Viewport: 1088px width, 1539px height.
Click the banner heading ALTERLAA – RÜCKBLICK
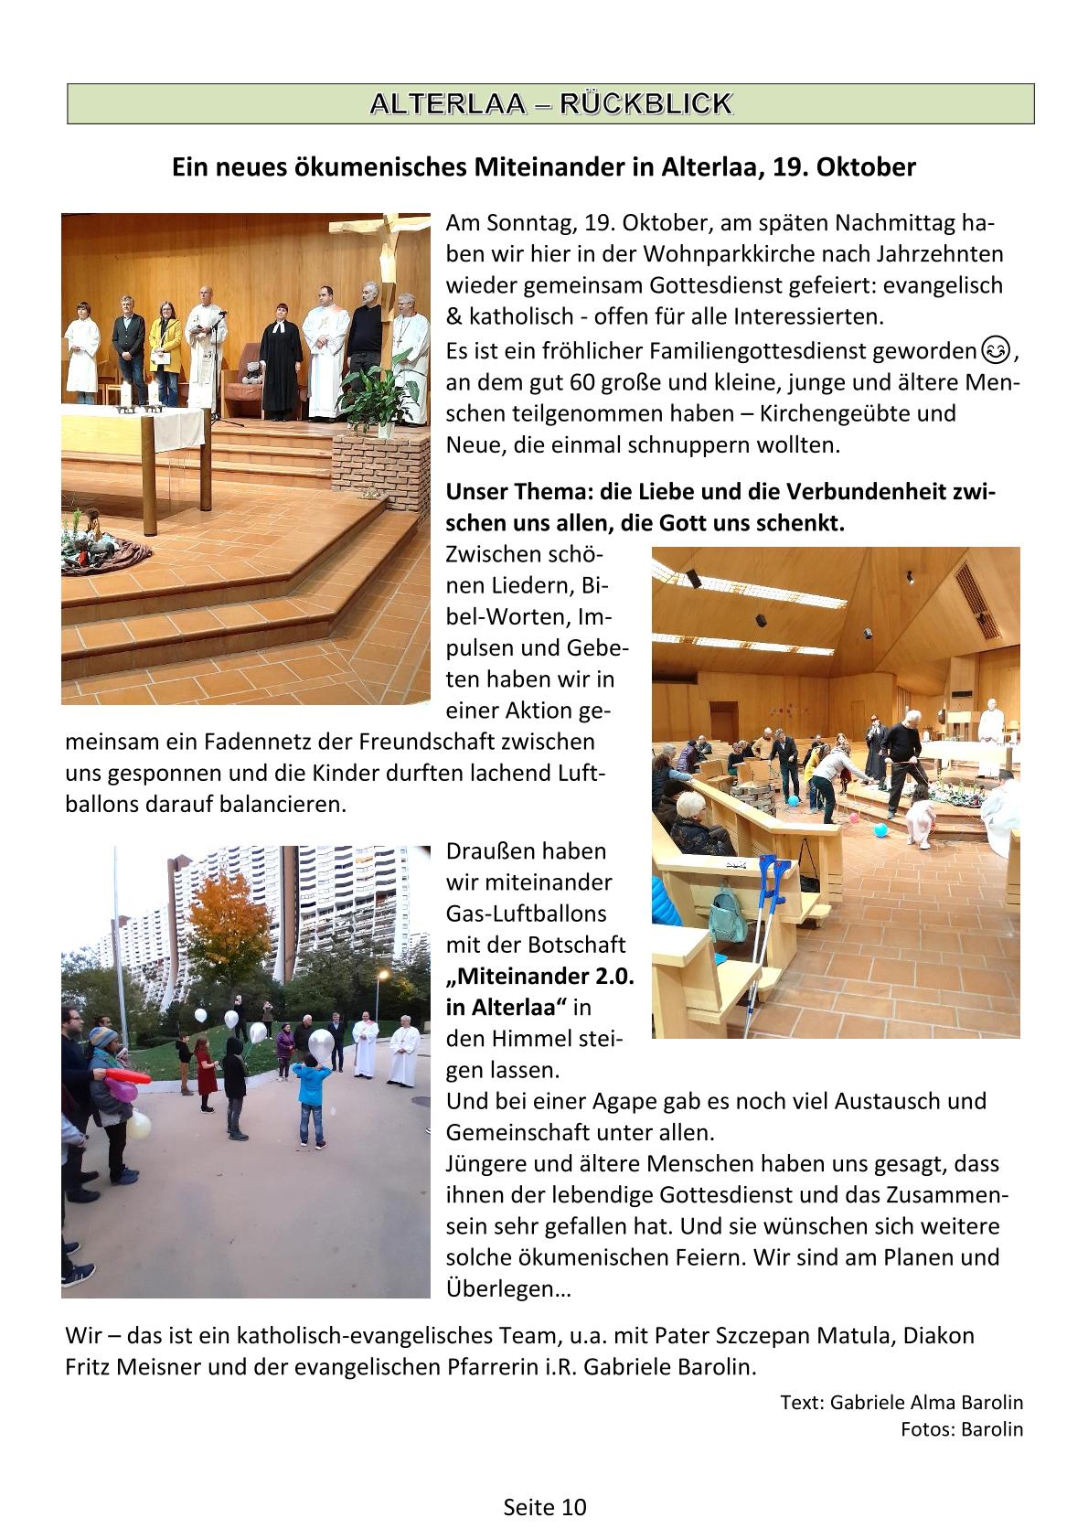click(x=550, y=103)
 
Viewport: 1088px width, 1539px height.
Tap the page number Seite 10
click(x=544, y=1507)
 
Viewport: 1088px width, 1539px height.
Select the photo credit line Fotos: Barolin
click(x=962, y=1429)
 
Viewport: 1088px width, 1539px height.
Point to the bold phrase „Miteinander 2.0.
click(x=539, y=976)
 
